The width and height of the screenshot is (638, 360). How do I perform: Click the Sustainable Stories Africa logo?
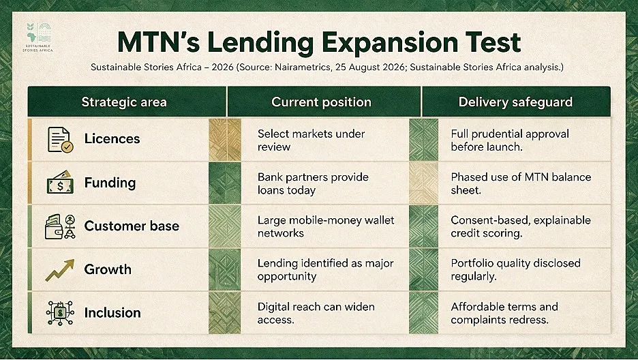tap(38, 37)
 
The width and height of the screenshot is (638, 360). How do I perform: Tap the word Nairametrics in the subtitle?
tap(303, 67)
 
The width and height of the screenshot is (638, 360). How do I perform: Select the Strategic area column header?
tap(124, 102)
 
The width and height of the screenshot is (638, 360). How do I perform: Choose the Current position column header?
tap(321, 102)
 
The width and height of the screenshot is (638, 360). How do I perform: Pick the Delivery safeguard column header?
tap(515, 102)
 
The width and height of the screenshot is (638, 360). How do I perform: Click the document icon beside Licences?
tap(60, 140)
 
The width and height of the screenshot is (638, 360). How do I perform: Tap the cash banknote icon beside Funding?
tap(60, 182)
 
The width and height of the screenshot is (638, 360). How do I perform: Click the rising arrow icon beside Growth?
tap(60, 270)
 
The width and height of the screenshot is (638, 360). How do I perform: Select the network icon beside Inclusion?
tap(60, 313)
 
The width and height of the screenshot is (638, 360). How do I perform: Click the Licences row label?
tap(112, 138)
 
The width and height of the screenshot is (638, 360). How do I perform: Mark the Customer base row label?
tap(132, 226)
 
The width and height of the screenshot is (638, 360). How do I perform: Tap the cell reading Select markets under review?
tap(311, 140)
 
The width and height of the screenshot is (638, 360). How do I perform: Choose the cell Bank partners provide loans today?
tap(313, 183)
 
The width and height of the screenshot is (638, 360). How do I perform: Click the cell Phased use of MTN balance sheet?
tap(521, 183)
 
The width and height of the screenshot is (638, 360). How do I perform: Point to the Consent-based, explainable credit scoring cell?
tap(521, 226)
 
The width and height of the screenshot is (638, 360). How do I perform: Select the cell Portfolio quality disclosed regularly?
tap(515, 270)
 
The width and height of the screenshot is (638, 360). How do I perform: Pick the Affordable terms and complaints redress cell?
tap(504, 313)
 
